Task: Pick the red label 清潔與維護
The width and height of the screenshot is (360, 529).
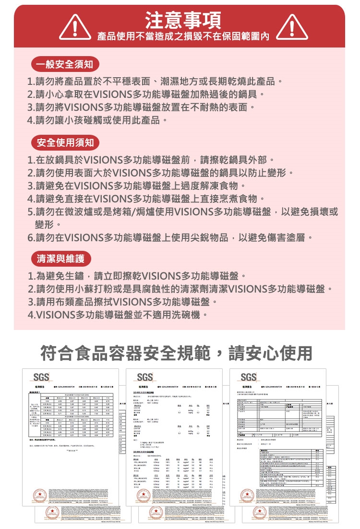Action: (60, 259)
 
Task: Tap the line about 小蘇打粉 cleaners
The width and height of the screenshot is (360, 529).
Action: (180, 290)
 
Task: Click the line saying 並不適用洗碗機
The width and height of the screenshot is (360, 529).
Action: (118, 316)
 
